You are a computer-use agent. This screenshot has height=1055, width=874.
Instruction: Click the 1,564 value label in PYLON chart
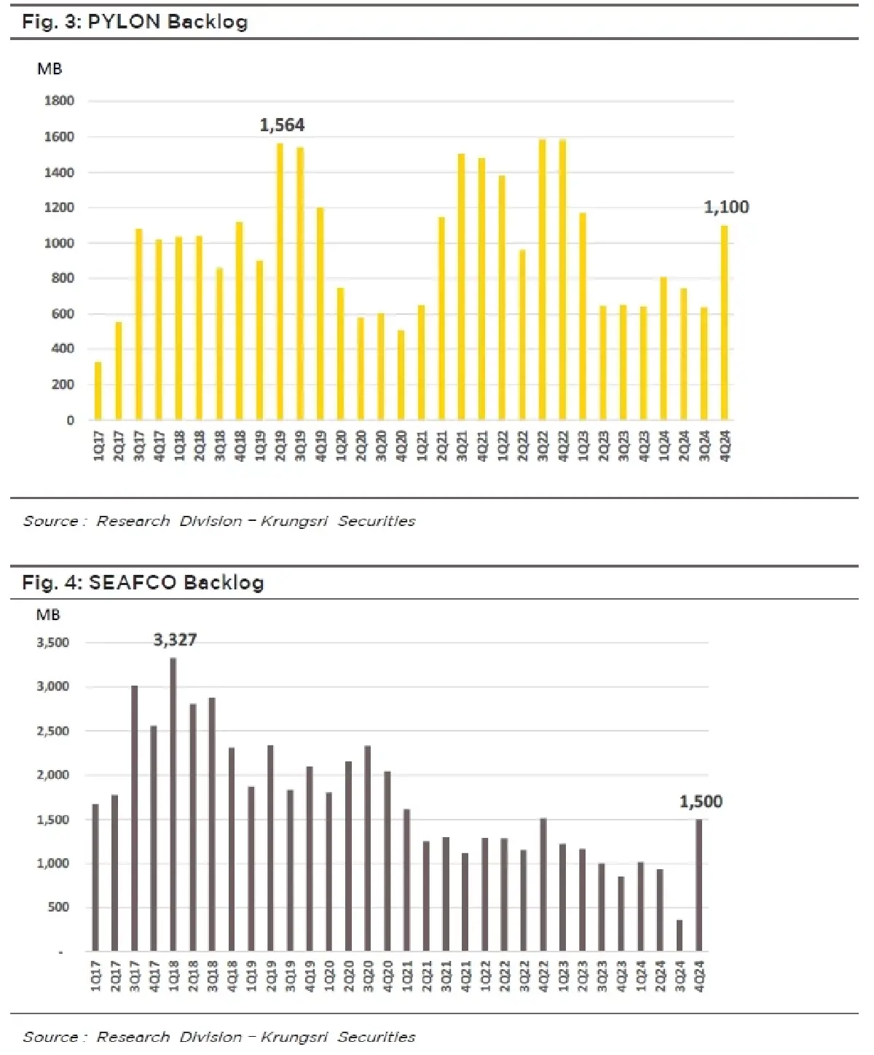pyautogui.click(x=282, y=125)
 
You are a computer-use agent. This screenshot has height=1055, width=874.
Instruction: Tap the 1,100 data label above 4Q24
pyautogui.click(x=726, y=207)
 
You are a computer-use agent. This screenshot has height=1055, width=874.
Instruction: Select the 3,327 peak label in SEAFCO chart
pyautogui.click(x=175, y=640)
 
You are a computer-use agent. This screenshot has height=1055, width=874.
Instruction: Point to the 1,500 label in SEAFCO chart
pyautogui.click(x=701, y=801)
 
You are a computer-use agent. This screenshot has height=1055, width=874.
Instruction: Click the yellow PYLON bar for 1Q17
pyautogui.click(x=98, y=391)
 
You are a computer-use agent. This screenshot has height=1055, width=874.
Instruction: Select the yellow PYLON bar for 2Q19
pyautogui.click(x=280, y=281)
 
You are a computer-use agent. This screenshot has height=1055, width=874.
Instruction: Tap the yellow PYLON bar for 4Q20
pyautogui.click(x=401, y=375)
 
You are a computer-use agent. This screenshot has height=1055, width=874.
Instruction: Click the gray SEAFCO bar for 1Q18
pyautogui.click(x=173, y=804)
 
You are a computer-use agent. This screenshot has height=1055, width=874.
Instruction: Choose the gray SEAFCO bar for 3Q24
pyautogui.click(x=680, y=936)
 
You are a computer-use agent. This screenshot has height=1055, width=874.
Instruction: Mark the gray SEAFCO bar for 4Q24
pyautogui.click(x=699, y=885)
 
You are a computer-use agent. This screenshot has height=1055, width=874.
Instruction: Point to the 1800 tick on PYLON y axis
pyautogui.click(x=60, y=101)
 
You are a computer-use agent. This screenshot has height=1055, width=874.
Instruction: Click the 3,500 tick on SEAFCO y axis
pyautogui.click(x=53, y=643)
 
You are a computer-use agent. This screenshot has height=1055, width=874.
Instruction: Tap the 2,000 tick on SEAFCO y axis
pyautogui.click(x=53, y=775)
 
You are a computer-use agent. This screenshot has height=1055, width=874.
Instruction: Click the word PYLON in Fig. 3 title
pyautogui.click(x=124, y=22)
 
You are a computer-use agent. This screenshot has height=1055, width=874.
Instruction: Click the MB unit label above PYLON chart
pyautogui.click(x=50, y=69)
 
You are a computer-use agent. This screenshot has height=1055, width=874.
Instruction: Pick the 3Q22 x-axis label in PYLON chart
pyautogui.click(x=543, y=445)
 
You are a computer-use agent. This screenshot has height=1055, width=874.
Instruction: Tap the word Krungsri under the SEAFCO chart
pyautogui.click(x=294, y=1037)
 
